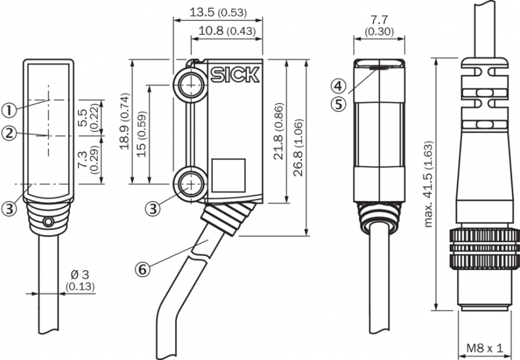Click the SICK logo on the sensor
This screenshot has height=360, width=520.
coord(235,74)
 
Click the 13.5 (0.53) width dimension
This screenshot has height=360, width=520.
coord(217,13)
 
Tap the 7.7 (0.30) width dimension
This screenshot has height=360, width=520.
coord(378,26)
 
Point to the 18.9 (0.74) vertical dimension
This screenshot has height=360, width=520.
coord(124,122)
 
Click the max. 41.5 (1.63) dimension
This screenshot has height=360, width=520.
coord(429,185)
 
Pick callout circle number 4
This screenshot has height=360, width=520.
coord(339,85)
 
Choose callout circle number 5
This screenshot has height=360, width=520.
coord(339,104)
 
